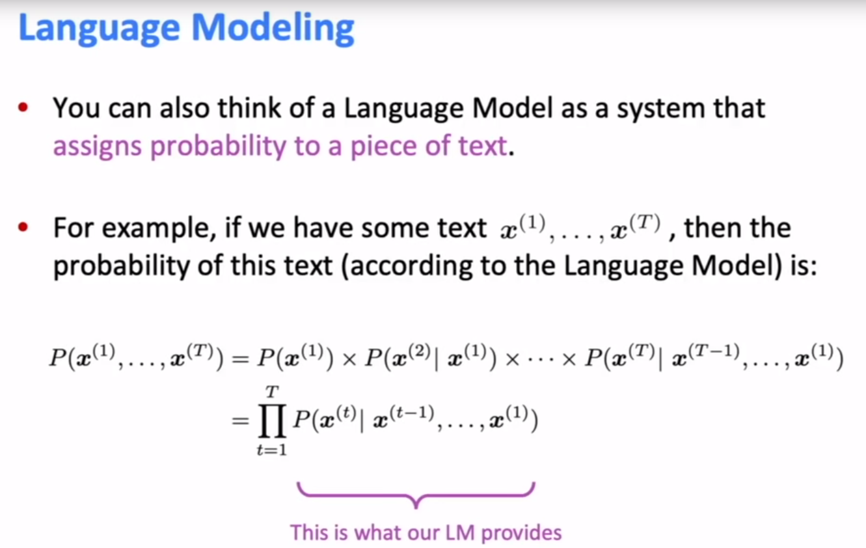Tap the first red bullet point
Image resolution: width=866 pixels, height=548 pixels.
(25, 108)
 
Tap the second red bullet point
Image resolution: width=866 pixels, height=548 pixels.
(25, 228)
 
